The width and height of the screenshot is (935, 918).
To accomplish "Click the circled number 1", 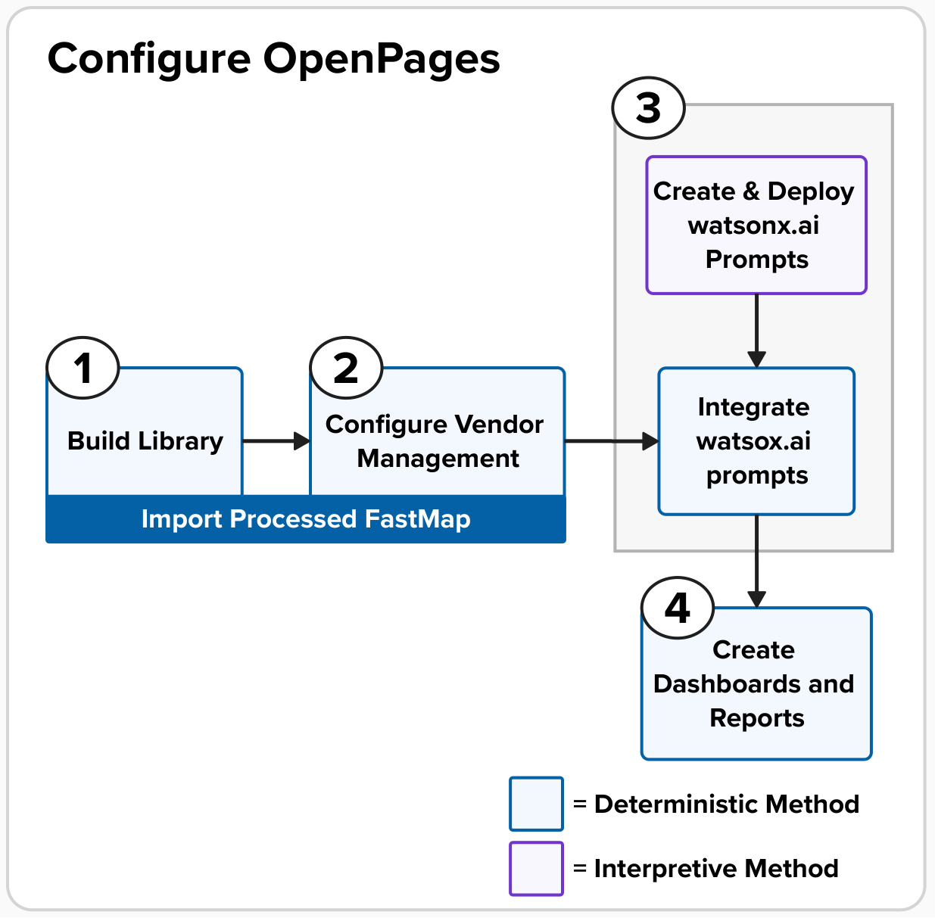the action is coord(83,368).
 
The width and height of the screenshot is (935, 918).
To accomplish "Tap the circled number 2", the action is coord(346,368).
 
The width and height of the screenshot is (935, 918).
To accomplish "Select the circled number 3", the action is coord(648,107).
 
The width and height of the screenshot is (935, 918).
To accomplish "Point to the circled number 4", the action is coord(678,608).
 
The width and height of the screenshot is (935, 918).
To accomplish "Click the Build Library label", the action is coord(145,441).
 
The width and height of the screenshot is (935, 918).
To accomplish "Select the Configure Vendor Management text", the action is coord(435,441).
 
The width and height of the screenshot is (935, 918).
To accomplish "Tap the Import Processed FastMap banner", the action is coord(306,518).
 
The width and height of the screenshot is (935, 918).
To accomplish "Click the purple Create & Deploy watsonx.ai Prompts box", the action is coord(756,225).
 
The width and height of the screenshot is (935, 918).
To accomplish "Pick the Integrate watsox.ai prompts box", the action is coord(756,441).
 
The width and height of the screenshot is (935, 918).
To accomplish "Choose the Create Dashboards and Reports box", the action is coord(756,683).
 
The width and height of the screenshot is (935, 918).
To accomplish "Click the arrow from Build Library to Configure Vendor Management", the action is coord(276,441).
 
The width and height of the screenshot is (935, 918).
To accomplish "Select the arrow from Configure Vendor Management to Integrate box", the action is coord(612,441).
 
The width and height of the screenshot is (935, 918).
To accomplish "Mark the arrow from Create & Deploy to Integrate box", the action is coord(756,331).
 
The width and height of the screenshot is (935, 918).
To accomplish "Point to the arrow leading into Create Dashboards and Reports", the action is coord(756,561).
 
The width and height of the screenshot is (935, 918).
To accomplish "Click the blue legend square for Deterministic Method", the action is coord(536,804).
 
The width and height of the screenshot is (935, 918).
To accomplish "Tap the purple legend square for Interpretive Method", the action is coord(536,869).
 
